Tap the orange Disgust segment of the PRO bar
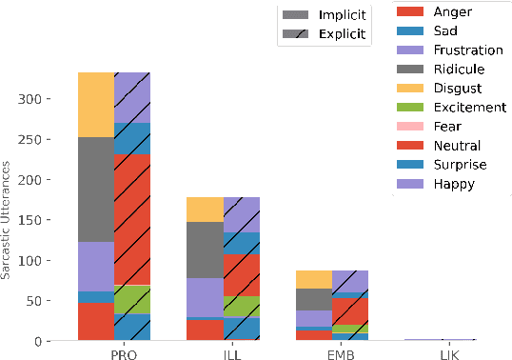[96, 105]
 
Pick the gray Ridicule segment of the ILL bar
[206, 250]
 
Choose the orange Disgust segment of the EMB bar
[314, 279]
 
